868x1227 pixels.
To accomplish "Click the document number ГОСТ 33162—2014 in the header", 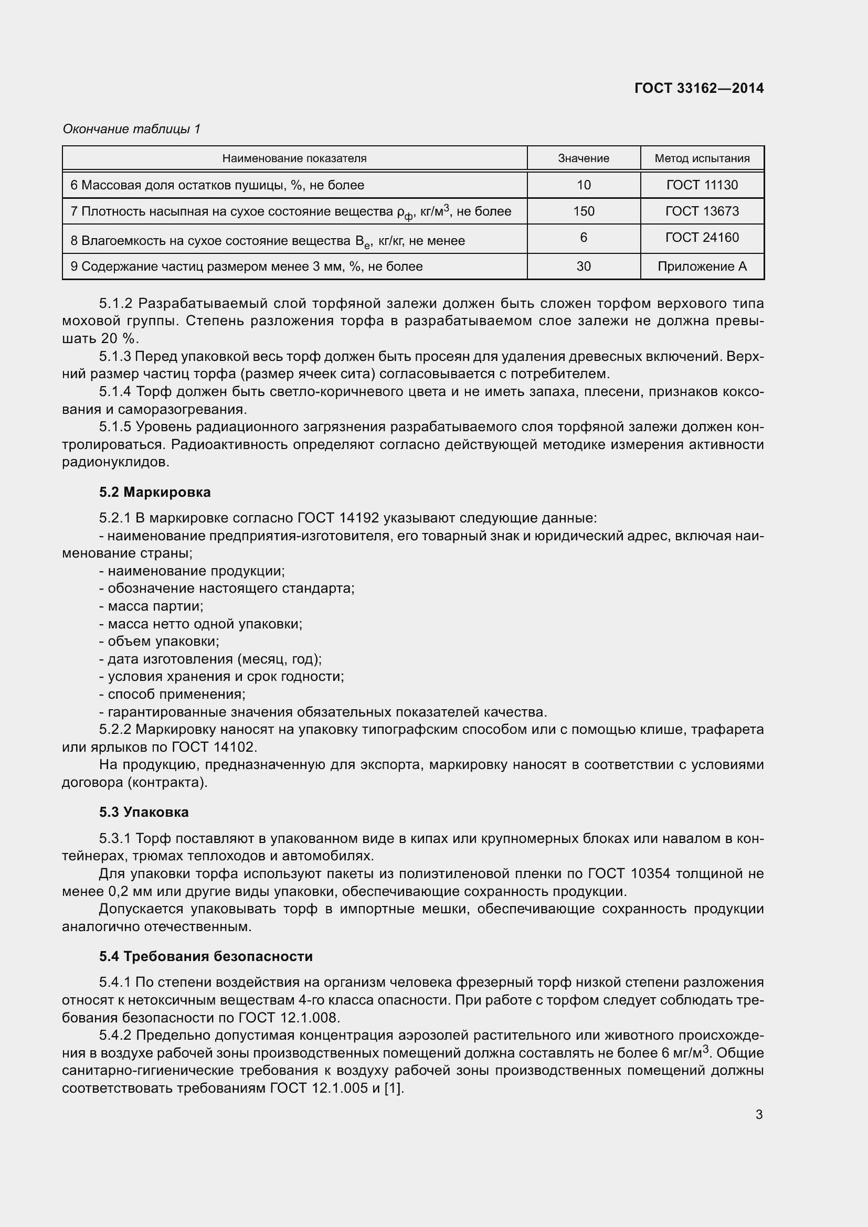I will (x=698, y=88).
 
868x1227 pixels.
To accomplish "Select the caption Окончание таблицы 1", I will (x=132, y=129).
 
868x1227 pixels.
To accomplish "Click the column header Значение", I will (x=583, y=158).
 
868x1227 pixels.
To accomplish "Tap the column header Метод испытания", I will (x=702, y=158).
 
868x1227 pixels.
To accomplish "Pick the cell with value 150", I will (x=583, y=211).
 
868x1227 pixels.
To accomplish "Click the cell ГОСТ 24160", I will (x=702, y=237).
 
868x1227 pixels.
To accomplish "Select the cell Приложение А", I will (x=702, y=266).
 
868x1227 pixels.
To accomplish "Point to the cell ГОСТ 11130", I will (x=702, y=185).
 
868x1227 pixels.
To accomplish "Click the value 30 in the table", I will (x=583, y=266).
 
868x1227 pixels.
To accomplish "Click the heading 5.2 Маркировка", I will (x=154, y=492).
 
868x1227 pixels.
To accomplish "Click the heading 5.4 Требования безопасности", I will (x=205, y=956).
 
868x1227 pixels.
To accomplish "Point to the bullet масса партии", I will (x=155, y=606).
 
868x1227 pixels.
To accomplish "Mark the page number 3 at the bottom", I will (x=759, y=1115).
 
